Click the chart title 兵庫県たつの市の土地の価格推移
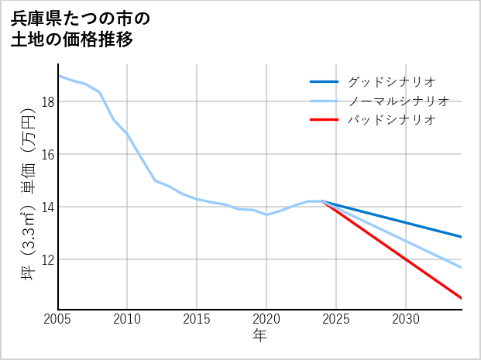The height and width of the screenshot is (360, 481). [81, 29]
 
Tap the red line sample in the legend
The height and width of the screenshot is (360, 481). [324, 120]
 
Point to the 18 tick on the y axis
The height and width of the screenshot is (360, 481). [47, 101]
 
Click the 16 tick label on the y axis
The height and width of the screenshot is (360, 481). [47, 154]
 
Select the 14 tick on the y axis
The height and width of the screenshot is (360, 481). [47, 207]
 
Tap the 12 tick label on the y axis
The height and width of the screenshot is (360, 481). [47, 259]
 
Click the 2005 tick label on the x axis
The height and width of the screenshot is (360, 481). [58, 319]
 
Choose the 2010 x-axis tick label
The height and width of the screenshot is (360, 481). [127, 319]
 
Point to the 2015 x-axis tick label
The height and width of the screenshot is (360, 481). [197, 319]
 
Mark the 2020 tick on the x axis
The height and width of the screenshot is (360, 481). [266, 319]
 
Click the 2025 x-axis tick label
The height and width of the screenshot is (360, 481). [336, 319]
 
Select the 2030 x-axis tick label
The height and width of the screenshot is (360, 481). [406, 319]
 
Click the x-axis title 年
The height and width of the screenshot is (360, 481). [259, 336]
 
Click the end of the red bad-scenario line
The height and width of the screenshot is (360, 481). [462, 298]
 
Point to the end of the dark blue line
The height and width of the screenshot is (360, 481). [462, 237]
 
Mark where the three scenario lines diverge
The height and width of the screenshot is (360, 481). [322, 201]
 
